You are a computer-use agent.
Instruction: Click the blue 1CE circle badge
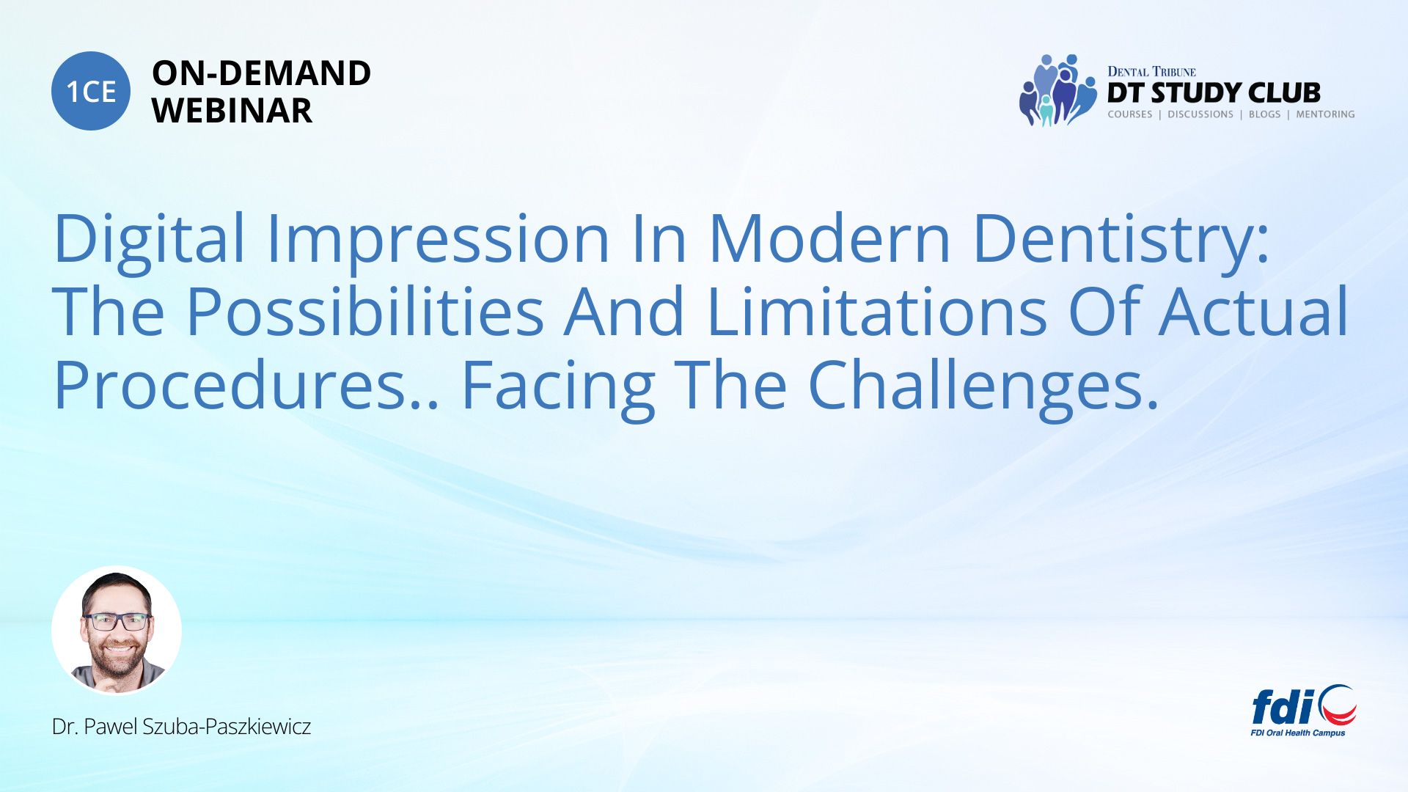tap(91, 91)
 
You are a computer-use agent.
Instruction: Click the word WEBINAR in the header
tap(232, 111)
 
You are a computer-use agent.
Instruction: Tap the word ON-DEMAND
tap(261, 73)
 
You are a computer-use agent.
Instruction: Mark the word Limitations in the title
tap(876, 311)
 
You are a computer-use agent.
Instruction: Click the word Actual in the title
tap(1253, 311)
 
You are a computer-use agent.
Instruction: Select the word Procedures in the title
tap(230, 384)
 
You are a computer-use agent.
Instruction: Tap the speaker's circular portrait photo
tap(117, 631)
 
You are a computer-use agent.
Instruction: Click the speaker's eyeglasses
tap(117, 622)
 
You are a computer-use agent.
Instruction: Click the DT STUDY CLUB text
tap(1214, 93)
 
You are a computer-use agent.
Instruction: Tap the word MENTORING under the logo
tap(1325, 114)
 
